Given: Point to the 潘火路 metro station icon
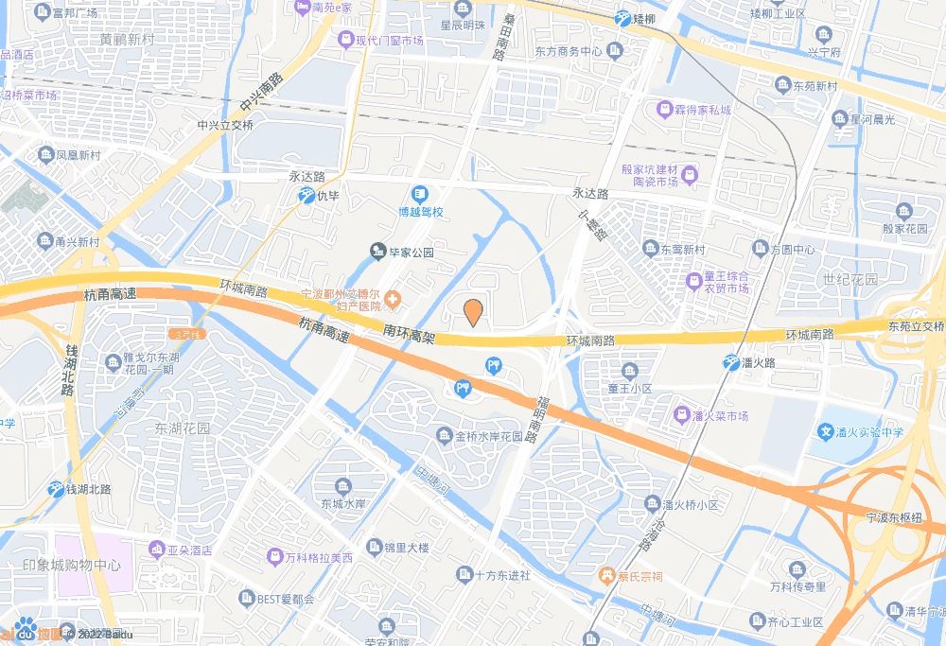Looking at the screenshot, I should [732, 362].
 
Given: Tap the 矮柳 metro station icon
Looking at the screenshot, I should [622, 18].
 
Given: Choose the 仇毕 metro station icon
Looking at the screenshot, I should [307, 196].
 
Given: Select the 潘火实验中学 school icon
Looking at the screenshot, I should [827, 432].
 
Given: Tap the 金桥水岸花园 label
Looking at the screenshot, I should [489, 437].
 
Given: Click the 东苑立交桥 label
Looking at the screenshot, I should [916, 327].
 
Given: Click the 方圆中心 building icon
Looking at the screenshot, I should [761, 249].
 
